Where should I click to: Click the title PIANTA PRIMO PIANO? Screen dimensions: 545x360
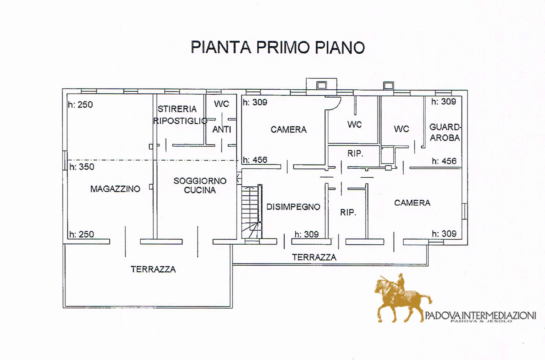pos(278,47)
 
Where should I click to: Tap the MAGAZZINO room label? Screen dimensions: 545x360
pos(115,189)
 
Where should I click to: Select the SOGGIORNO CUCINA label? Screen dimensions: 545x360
pos(200,186)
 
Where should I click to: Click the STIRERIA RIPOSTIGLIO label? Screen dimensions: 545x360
pos(180,115)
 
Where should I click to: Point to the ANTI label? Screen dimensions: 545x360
pos(222,130)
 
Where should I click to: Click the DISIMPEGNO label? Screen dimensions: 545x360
pos(293,207)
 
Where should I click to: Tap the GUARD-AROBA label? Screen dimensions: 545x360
pos(445,132)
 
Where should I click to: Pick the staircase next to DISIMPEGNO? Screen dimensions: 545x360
pos(251,212)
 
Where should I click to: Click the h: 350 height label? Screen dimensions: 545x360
pos(82,167)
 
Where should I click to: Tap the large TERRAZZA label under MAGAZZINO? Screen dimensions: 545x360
pos(153,269)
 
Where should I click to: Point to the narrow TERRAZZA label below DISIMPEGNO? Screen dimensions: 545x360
pos(314,257)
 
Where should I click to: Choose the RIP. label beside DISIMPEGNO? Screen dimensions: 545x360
pos(348,212)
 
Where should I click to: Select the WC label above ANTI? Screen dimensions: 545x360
pos(221,104)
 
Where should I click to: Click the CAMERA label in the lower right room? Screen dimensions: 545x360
pos(412,203)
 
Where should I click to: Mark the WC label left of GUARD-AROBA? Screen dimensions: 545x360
pos(401,129)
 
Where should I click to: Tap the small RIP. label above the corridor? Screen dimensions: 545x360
pos(355,154)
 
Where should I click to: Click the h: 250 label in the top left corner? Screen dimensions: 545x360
pos(80,105)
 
